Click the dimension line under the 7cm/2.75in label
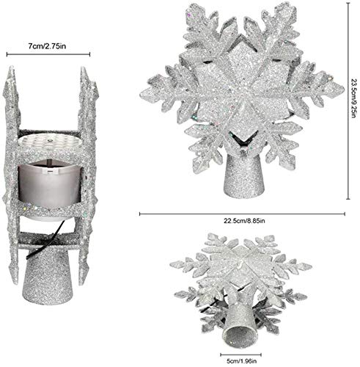[48, 53]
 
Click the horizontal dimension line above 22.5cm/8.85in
[242, 214]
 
